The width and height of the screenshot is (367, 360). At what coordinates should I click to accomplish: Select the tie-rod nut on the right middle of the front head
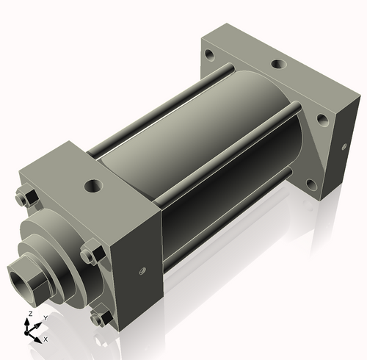pyautogui.click(x=89, y=256)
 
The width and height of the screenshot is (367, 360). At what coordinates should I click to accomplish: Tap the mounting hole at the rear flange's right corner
pyautogui.click(x=321, y=117)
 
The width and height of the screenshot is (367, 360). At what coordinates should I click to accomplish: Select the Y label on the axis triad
pyautogui.click(x=45, y=317)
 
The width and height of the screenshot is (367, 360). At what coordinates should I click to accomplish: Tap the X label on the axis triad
pyautogui.click(x=46, y=339)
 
